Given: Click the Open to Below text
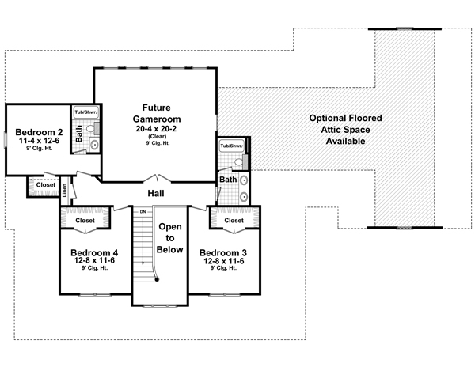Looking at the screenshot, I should coord(171,237).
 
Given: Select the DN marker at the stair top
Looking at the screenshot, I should coord(143,211).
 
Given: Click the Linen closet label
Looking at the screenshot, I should coord(64,190).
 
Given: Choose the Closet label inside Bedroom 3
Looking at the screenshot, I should coord(234,221).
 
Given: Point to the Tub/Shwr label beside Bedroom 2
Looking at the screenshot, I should coord(85,112).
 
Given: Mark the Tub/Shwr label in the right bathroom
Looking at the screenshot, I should coord(232,146).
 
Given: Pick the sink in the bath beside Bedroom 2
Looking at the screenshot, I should coord(93,144).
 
